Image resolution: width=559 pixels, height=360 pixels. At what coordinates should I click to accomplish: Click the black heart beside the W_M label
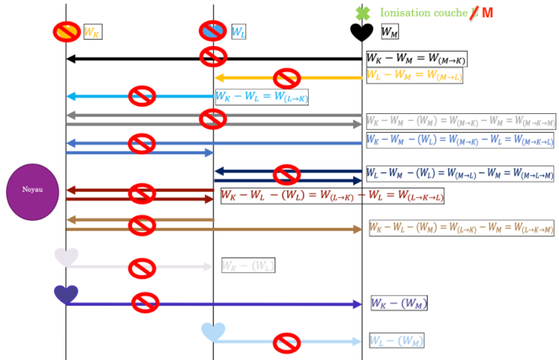pos(362,32)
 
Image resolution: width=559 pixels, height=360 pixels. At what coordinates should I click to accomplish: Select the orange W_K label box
pos(92,32)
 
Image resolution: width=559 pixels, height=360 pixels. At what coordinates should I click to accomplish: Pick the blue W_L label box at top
pos(238,32)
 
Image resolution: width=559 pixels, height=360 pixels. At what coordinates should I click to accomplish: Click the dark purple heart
pos(66,294)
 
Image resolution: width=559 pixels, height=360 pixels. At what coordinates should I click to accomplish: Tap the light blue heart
pos(213,332)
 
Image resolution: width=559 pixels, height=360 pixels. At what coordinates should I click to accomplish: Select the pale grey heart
pos(66,256)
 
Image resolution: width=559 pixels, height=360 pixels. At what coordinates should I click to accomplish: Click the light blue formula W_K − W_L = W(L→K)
pos(261,97)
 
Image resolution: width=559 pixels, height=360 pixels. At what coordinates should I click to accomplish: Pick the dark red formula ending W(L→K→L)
pos(332,196)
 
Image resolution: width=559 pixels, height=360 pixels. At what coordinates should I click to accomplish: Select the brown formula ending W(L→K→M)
pos(462,228)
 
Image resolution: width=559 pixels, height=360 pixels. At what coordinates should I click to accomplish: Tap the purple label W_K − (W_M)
pos(399,303)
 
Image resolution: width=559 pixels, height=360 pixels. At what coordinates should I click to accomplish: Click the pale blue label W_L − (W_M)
pos(396,341)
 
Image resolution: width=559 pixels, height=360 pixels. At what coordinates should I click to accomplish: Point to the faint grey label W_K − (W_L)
pos(248,265)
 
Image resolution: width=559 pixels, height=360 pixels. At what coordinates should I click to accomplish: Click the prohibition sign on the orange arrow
pos(286,78)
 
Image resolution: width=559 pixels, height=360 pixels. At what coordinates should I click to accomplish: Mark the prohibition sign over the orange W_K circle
pos(67,32)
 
